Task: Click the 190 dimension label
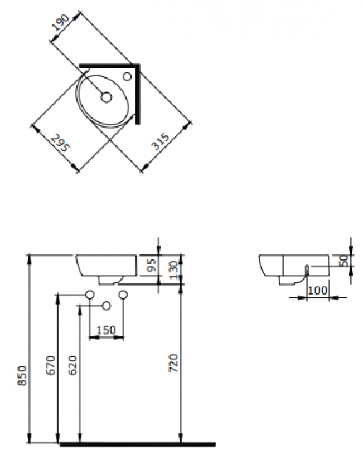60,22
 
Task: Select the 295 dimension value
60,143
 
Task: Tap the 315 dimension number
160,141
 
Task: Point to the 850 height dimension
22,376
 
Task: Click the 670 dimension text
51,365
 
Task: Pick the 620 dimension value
72,365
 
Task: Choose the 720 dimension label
173,363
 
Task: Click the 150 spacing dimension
106,330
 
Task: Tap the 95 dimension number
152,265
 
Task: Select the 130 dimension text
173,269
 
